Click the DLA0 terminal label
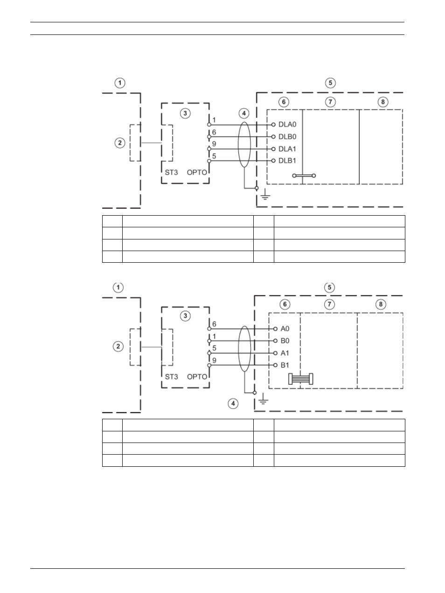click(x=287, y=124)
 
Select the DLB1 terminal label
click(x=287, y=161)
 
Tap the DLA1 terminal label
click(x=287, y=149)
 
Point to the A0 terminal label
click(x=285, y=329)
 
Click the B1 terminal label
click(x=285, y=365)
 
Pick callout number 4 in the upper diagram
click(x=244, y=114)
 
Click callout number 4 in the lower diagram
click(x=233, y=403)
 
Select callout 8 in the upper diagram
click(x=383, y=102)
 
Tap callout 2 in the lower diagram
click(x=118, y=347)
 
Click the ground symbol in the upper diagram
click(x=265, y=194)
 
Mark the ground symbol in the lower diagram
click(x=263, y=398)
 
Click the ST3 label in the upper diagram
click(x=172, y=172)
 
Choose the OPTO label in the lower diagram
click(x=197, y=376)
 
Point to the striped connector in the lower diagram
click(x=301, y=379)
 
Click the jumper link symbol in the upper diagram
click(x=304, y=176)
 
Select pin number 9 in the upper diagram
click(x=214, y=144)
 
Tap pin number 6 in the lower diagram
click(x=214, y=324)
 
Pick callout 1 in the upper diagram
click(x=120, y=83)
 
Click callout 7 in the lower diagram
click(x=329, y=305)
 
